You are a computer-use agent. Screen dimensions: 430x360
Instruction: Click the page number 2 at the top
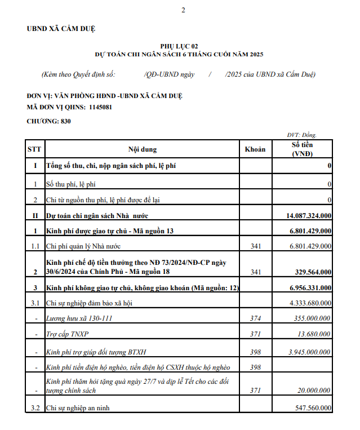(183, 10)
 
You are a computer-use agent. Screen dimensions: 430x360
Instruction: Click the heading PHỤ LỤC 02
(179, 46)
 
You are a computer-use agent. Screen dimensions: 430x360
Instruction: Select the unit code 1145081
(100, 107)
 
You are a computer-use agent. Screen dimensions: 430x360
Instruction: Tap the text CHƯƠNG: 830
(48, 121)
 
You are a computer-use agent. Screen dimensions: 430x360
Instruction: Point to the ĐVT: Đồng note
(302, 135)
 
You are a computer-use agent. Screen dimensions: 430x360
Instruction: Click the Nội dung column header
(143, 149)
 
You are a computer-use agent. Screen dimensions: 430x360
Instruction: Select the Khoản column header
(255, 149)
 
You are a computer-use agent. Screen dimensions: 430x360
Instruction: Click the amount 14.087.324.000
(309, 215)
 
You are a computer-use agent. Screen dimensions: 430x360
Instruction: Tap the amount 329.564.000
(313, 272)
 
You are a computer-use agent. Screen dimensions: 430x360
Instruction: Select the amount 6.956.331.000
(310, 287)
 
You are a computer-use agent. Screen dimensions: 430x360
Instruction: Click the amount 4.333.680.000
(310, 303)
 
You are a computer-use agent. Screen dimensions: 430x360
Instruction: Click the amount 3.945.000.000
(310, 352)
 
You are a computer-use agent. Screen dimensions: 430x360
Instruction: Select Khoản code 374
(255, 318)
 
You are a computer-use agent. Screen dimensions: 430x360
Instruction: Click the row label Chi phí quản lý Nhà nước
(83, 246)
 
